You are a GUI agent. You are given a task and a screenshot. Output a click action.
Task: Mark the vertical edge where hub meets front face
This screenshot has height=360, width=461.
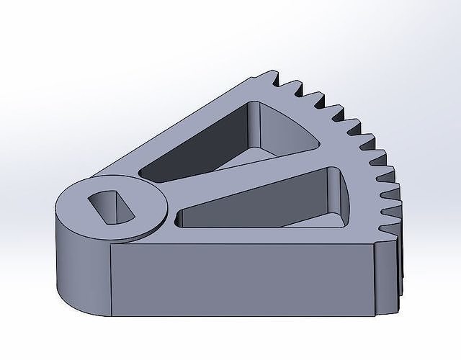pyautogui.click(x=109, y=281)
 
